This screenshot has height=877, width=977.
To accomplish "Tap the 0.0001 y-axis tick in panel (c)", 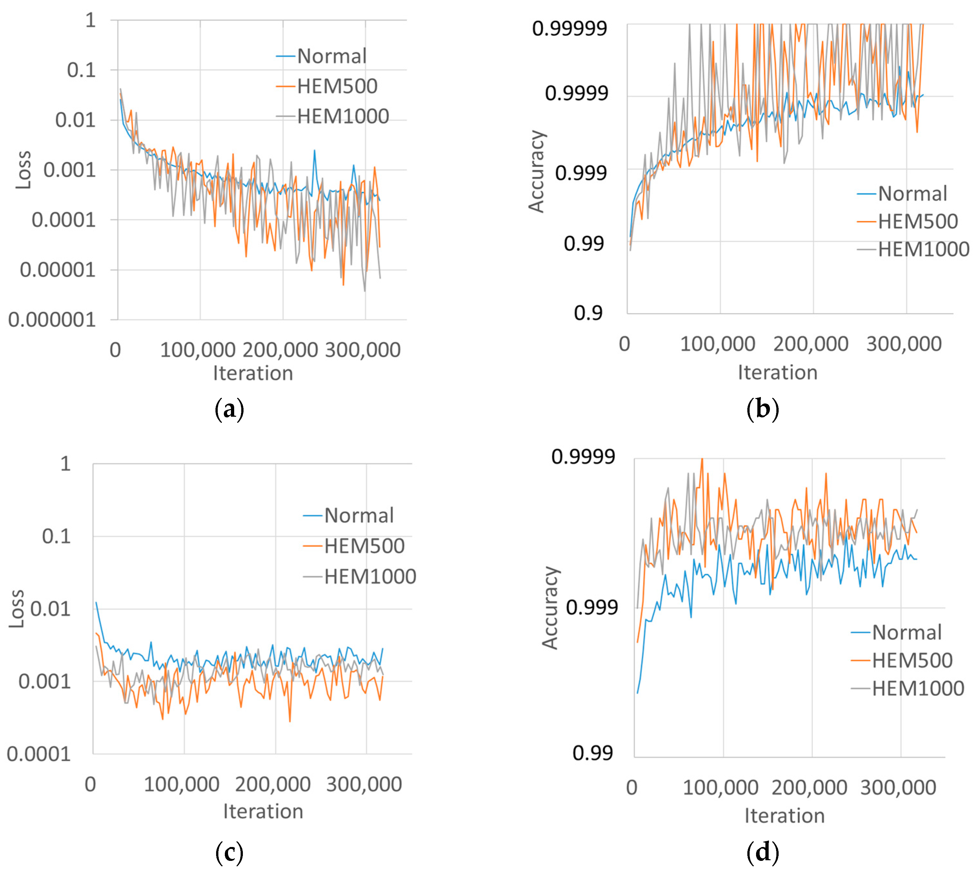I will point(38,754).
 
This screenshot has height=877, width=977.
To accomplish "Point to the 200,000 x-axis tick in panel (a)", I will point(280,350).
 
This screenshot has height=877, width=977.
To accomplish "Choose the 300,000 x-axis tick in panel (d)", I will point(898,788).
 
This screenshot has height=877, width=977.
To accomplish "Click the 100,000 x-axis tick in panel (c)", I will point(182,784).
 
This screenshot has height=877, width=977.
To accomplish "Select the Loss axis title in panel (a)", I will point(24,170).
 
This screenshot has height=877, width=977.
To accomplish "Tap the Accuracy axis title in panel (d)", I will point(550,608).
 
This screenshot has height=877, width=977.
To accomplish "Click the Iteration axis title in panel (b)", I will point(778,373).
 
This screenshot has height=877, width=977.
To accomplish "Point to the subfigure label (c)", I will point(229,852).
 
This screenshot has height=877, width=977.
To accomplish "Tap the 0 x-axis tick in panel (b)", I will point(624,344).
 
